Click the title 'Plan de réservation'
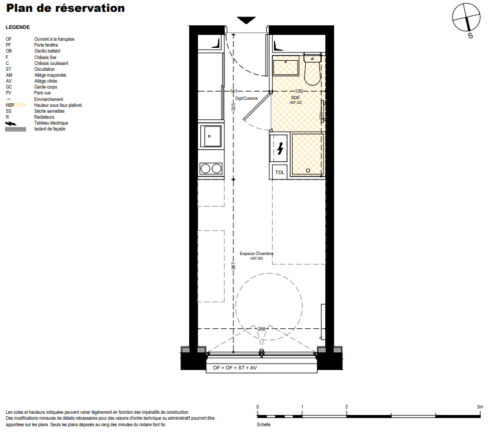(x=65, y=8)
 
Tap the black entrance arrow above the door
(x=246, y=20)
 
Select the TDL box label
(x=279, y=172)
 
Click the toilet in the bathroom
(x=312, y=69)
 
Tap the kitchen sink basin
(x=211, y=136)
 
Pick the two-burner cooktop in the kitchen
(x=211, y=169)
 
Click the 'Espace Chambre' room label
(x=256, y=253)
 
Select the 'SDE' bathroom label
(x=295, y=98)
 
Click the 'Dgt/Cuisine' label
(x=246, y=99)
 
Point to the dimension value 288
(x=262, y=329)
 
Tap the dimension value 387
(x=233, y=266)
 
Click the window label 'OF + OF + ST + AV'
(x=235, y=368)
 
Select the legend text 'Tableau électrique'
(x=51, y=123)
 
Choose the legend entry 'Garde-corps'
(x=45, y=87)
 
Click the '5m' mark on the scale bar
(x=480, y=407)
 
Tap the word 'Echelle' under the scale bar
(x=263, y=424)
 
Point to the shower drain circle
(x=308, y=171)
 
